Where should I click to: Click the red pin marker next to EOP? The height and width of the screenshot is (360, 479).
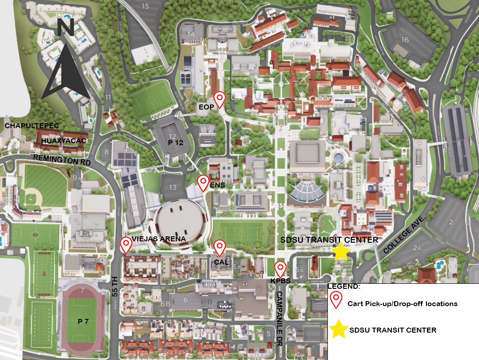point(220,99)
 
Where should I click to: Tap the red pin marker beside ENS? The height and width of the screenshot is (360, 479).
point(203,182)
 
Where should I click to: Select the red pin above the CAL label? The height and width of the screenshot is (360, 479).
point(220,247)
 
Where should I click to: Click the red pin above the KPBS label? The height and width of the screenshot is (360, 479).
point(280,268)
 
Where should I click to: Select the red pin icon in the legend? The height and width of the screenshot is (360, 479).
point(337,299)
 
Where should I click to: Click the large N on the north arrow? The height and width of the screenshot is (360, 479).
point(66,28)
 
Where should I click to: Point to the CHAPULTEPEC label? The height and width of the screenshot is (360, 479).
point(26,125)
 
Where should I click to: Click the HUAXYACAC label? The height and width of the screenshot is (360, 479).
point(63,141)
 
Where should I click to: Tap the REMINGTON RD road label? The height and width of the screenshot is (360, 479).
point(62,160)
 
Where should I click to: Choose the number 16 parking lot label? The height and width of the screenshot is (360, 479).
point(404,40)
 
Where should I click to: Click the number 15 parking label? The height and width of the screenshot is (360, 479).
point(145,6)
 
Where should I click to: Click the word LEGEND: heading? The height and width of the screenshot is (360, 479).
point(344,287)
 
